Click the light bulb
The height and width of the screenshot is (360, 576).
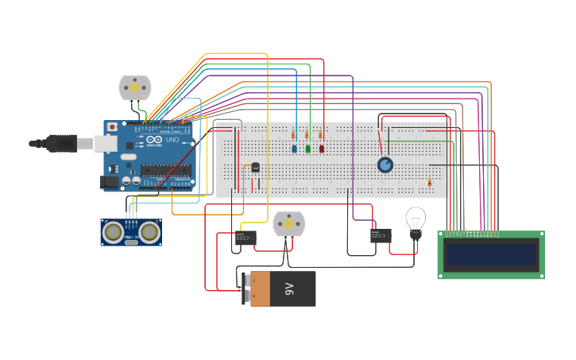pyautogui.click(x=416, y=220)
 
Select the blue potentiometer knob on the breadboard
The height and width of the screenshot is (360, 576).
pyautogui.click(x=385, y=165)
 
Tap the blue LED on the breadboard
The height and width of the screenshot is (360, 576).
pyautogui.click(x=295, y=149)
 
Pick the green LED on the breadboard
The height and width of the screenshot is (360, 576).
pyautogui.click(x=308, y=149)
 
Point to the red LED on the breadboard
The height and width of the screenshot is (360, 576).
pyautogui.click(x=322, y=149)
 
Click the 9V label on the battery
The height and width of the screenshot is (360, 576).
pyautogui.click(x=290, y=288)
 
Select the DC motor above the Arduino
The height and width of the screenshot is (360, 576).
pyautogui.click(x=134, y=87)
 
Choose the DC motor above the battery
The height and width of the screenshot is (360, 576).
pyautogui.click(x=288, y=224)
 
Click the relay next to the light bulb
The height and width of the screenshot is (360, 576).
pyautogui.click(x=381, y=235)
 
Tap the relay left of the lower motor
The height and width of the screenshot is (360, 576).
pyautogui.click(x=245, y=238)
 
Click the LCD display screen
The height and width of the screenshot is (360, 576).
pyautogui.click(x=490, y=255)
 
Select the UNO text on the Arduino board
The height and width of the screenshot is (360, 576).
pyautogui.click(x=172, y=140)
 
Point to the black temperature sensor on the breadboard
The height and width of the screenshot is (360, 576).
pyautogui.click(x=255, y=167)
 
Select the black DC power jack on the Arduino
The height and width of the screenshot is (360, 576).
pyautogui.click(x=109, y=182)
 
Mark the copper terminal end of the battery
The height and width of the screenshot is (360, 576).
pyautogui.click(x=261, y=288)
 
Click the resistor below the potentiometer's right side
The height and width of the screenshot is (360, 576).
pyautogui.click(x=430, y=182)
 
